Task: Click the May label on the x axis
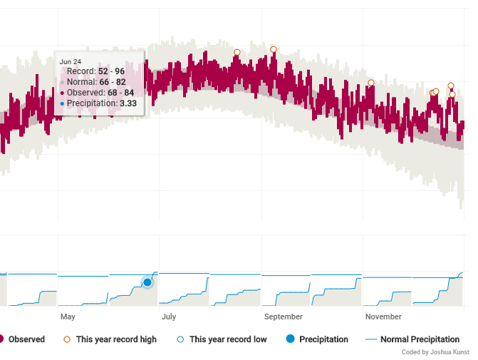pyautogui.click(x=68, y=317)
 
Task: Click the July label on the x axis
pyautogui.click(x=169, y=317)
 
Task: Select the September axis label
pyautogui.click(x=284, y=317)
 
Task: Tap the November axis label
pyautogui.click(x=383, y=317)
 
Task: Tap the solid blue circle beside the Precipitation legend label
pyautogui.click(x=291, y=339)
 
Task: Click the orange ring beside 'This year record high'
pyautogui.click(x=67, y=339)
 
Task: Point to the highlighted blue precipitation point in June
pyautogui.click(x=147, y=282)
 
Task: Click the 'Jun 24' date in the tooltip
pyautogui.click(x=71, y=61)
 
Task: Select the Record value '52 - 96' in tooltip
pyautogui.click(x=111, y=71)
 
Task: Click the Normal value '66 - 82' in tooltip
pyautogui.click(x=113, y=82)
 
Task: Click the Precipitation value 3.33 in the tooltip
pyautogui.click(x=128, y=103)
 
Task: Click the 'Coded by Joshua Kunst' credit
pyautogui.click(x=435, y=352)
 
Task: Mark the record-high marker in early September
pyautogui.click(x=274, y=49)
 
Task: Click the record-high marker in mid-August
pyautogui.click(x=237, y=52)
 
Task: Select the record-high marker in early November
pyautogui.click(x=371, y=83)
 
